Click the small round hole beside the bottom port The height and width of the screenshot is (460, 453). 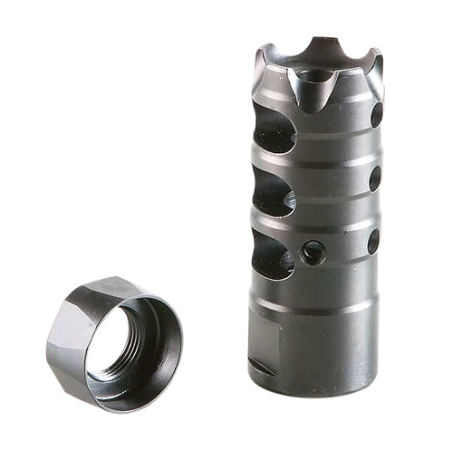(x=313, y=252)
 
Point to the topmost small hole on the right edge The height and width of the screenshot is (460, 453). (x=376, y=115)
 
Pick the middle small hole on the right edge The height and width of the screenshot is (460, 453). (x=374, y=178)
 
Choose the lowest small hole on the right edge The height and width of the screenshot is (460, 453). (x=372, y=241)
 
